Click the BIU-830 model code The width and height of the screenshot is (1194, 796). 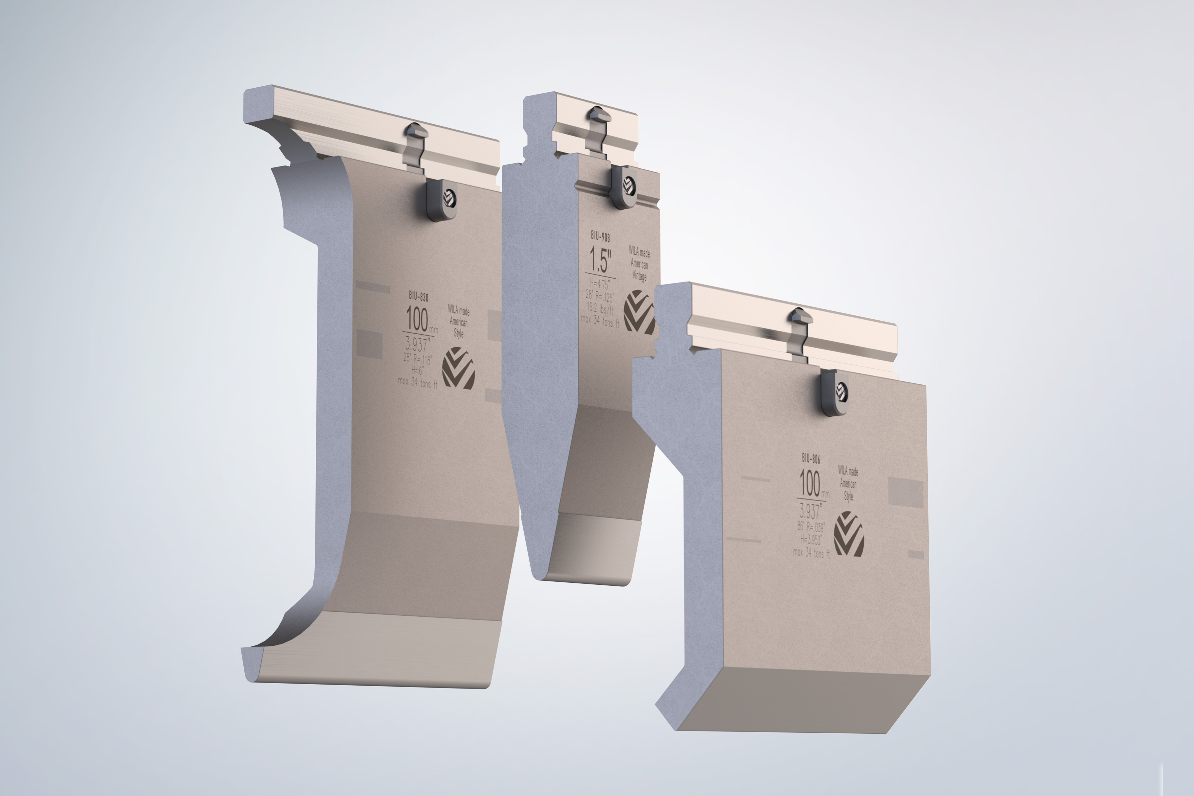419,296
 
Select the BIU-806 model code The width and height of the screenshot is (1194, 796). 811,458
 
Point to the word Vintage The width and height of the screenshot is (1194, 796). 639,276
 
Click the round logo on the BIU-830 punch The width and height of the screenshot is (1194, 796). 458,368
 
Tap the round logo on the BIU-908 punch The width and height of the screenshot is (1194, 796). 639,311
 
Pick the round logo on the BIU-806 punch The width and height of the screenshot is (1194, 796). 848,534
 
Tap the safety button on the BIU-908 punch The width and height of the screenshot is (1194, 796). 624,186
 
